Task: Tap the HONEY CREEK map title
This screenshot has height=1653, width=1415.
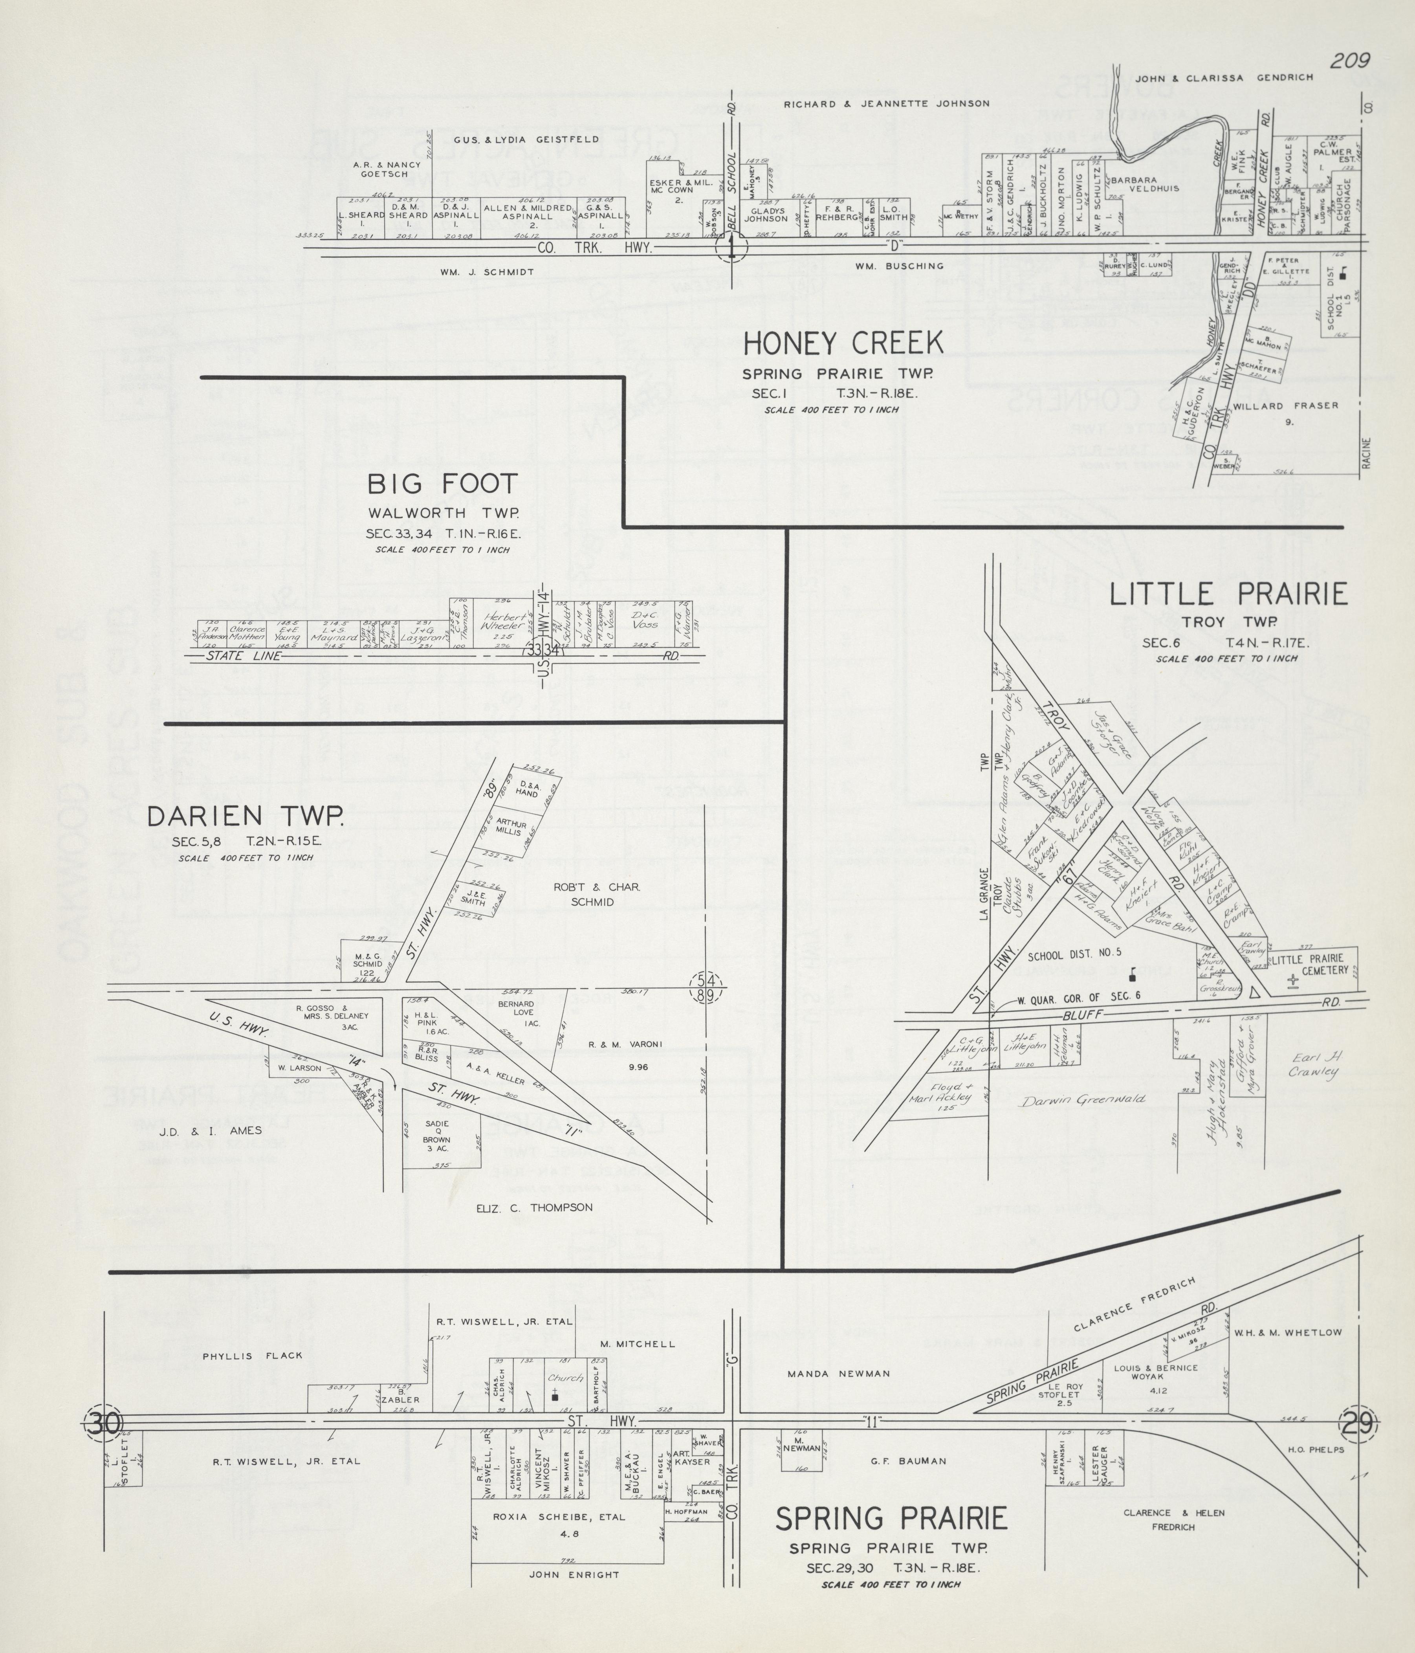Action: tap(843, 344)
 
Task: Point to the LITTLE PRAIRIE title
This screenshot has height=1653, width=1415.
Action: tap(1228, 594)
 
